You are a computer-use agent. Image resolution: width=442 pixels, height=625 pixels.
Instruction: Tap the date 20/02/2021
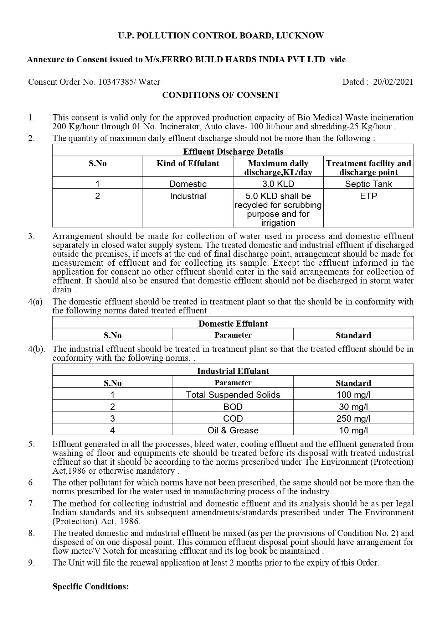[x=393, y=82]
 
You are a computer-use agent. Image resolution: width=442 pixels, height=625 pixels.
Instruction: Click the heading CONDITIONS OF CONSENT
[x=221, y=95]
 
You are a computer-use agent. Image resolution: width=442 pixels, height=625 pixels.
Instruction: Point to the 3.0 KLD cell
[x=278, y=184]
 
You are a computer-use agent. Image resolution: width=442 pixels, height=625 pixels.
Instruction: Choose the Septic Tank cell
[x=368, y=184]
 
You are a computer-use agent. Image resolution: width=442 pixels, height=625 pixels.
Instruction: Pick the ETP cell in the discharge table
[x=368, y=196]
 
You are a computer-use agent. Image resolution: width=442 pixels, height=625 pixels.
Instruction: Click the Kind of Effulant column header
[x=188, y=164]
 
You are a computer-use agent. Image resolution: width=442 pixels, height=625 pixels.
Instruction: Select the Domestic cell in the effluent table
[x=188, y=184]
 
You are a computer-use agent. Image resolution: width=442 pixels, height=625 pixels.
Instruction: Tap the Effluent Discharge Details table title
[x=233, y=152]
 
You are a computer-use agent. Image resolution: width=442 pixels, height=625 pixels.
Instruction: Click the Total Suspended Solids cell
[x=233, y=395]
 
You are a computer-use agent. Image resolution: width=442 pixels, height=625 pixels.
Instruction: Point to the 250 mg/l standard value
[x=353, y=418]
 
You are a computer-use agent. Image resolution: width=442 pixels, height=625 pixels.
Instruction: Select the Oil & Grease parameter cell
[x=233, y=430]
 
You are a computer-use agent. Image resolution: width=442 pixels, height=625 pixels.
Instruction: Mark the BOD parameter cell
[x=233, y=407]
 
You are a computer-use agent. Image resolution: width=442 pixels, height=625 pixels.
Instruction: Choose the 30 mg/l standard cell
[x=353, y=407]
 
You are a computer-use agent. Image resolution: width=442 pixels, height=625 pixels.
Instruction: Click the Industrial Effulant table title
[x=233, y=371]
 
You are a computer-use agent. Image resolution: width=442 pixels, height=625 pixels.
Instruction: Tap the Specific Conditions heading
[x=91, y=587]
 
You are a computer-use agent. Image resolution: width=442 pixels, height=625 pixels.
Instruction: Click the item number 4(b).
[x=36, y=349]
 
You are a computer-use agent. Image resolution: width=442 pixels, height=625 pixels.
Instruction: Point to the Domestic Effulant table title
[x=233, y=324]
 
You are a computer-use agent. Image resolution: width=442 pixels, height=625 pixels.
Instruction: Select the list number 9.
[x=31, y=563]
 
